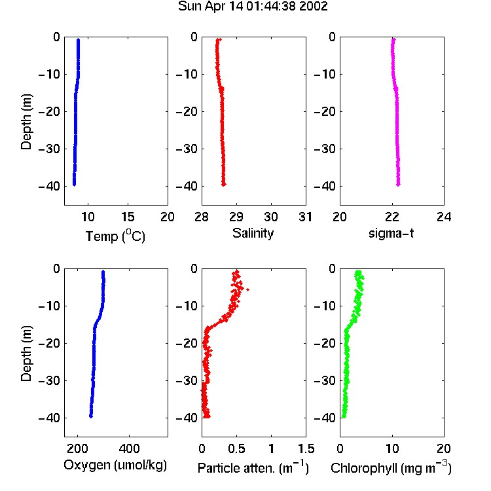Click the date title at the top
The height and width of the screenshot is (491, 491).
click(x=253, y=7)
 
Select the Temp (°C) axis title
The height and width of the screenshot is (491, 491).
click(x=115, y=236)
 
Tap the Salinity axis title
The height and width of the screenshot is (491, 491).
click(x=253, y=233)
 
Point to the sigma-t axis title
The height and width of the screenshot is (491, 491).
click(x=391, y=233)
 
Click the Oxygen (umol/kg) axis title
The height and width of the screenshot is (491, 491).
click(x=115, y=465)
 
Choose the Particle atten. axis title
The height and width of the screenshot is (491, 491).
click(x=253, y=468)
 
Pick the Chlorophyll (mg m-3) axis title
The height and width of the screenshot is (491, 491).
click(x=391, y=468)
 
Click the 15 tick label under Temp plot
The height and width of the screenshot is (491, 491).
click(x=128, y=217)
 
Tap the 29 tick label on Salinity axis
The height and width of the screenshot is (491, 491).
click(x=236, y=217)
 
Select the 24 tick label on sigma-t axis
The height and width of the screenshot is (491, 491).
click(x=444, y=217)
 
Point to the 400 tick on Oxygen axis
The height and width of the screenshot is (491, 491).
click(x=130, y=448)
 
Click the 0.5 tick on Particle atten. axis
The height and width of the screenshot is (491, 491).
click(x=236, y=448)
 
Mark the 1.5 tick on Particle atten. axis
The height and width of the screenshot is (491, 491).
click(x=306, y=448)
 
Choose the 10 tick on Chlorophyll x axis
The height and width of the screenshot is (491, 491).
click(x=392, y=448)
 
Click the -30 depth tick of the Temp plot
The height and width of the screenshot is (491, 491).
click(x=50, y=149)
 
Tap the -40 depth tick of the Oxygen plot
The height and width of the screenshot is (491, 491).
click(x=50, y=418)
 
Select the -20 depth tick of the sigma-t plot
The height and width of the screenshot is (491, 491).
click(x=325, y=112)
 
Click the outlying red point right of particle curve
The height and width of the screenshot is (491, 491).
click(x=247, y=289)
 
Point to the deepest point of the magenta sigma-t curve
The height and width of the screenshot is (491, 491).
click(x=398, y=185)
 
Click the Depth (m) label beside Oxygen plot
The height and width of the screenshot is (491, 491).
click(x=26, y=354)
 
